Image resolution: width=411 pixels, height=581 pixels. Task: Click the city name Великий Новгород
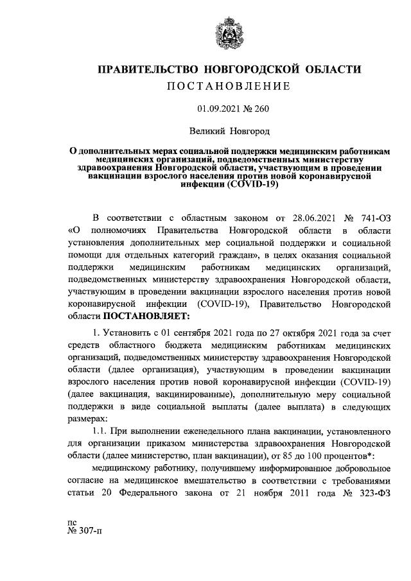tap(228, 131)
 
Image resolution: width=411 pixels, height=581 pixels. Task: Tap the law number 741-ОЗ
tap(371, 218)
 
